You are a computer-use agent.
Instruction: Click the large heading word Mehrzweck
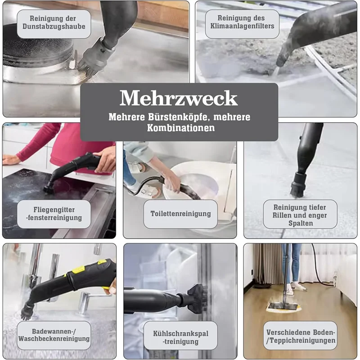click(x=179, y=98)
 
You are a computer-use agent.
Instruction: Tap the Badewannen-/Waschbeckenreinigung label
click(x=54, y=335)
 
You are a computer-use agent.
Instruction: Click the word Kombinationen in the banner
click(x=179, y=128)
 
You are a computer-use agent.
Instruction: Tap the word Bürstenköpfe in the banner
click(x=180, y=117)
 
